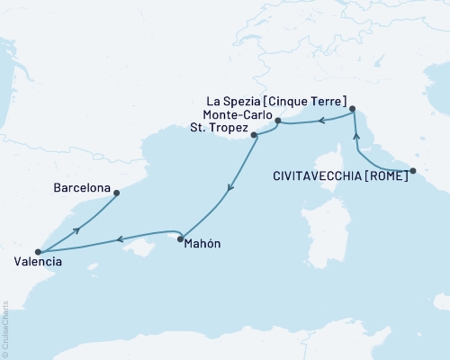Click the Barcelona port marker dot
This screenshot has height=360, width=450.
(116, 192)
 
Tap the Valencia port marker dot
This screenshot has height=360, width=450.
(38, 253)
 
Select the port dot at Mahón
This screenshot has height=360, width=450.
(181, 238)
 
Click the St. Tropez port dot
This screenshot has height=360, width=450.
(255, 136)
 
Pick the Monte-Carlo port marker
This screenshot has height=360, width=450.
(277, 121)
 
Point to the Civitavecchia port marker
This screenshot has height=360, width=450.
(413, 171)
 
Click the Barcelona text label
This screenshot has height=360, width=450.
(82, 190)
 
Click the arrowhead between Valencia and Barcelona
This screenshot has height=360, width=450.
(76, 229)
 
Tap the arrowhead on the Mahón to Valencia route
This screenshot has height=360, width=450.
(117, 239)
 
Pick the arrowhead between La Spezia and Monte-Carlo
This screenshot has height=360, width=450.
(322, 118)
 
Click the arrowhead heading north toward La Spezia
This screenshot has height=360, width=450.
(356, 136)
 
